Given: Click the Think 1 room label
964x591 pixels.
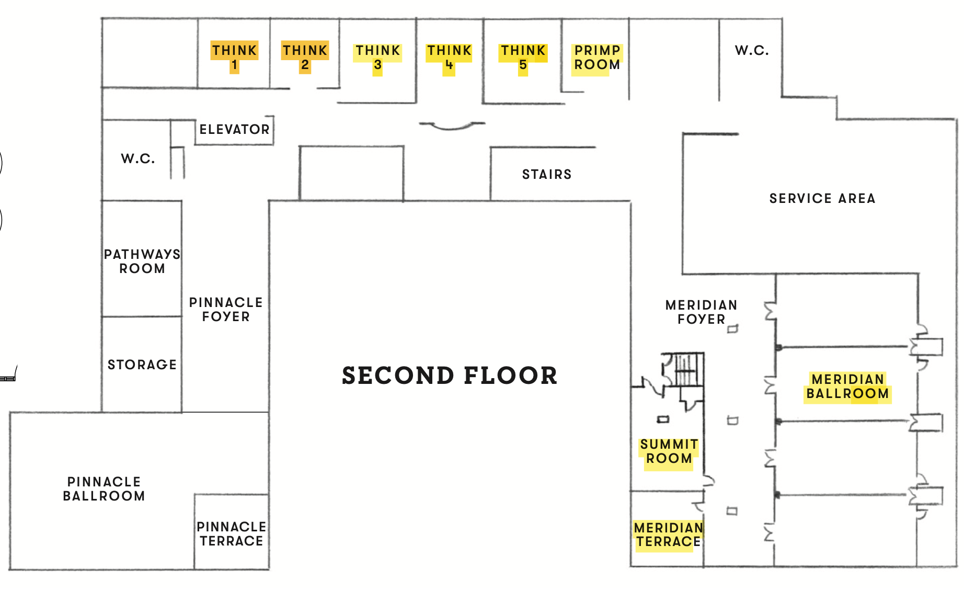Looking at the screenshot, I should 234,57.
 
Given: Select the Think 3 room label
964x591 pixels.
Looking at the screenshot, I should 377,58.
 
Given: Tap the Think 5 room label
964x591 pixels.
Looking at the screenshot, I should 523,58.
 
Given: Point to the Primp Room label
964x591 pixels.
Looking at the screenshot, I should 597,58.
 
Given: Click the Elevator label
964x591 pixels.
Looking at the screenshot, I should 234,129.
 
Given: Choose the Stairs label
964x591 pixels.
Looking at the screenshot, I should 547,174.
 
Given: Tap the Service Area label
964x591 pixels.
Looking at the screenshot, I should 822,198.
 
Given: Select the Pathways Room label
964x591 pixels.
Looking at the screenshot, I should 142,261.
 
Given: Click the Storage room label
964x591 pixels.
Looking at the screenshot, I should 142,365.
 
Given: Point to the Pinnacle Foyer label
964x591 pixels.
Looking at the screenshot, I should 226,309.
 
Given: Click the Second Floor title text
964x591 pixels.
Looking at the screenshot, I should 450,376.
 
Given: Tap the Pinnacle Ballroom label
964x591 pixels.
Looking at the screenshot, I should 104,488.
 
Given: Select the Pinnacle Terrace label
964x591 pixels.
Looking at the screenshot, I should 231,533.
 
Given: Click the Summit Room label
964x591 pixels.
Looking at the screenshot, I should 669,451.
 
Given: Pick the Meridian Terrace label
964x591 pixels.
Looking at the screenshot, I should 668,535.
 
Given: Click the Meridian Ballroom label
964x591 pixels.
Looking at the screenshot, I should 847,386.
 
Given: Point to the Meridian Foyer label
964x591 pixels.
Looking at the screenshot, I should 701,312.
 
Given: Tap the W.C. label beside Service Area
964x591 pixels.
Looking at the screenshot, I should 751,51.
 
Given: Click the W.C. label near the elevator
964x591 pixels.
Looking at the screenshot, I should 137,158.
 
